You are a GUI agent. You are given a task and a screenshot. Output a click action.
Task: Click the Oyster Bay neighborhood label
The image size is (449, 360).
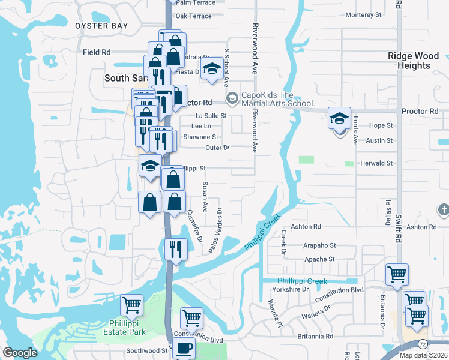click(x=101, y=26)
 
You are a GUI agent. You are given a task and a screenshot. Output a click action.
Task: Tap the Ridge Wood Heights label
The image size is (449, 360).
click(x=414, y=61)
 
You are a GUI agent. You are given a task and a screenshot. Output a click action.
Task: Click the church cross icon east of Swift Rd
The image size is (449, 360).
click(x=443, y=210)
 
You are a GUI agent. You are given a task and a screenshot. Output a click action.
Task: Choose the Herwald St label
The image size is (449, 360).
click(x=376, y=163)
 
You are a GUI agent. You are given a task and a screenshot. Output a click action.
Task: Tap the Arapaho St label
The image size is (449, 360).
click(x=319, y=245)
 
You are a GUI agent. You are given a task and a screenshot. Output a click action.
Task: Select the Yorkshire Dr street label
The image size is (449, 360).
click(x=290, y=289)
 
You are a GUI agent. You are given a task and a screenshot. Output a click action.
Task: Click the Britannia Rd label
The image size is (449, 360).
click(x=313, y=337)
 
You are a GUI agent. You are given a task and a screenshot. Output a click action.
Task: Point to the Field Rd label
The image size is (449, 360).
click(x=97, y=52)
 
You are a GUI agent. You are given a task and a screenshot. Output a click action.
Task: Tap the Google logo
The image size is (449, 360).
click(x=20, y=353)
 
